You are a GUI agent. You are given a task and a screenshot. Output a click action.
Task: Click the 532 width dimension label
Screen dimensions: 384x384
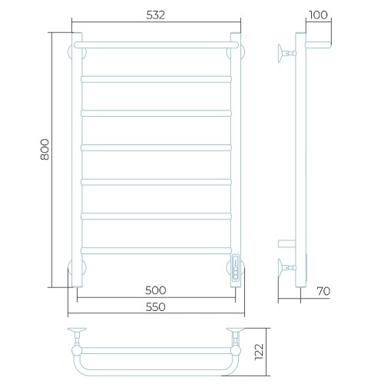coord(156,15)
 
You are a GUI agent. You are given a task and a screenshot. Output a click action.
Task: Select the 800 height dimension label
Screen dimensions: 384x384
coord(45,150)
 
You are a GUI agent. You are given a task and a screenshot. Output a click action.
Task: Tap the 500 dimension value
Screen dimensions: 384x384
coord(156,290)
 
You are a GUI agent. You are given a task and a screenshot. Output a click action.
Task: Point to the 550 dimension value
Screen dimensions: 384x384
coord(156,306)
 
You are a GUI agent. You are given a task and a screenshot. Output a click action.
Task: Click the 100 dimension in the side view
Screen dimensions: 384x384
coord(318,15)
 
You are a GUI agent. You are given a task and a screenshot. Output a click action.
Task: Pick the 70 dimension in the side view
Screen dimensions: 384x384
coord(323,291)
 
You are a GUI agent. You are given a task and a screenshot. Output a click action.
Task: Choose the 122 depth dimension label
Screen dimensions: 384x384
coord(259,352)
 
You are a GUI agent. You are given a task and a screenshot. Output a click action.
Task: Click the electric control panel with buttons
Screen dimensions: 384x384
coord(236,268)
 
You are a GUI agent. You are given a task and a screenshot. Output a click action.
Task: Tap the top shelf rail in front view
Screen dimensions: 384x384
coord(156,45)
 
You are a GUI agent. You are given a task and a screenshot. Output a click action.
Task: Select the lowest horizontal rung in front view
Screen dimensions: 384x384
coord(156,250)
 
